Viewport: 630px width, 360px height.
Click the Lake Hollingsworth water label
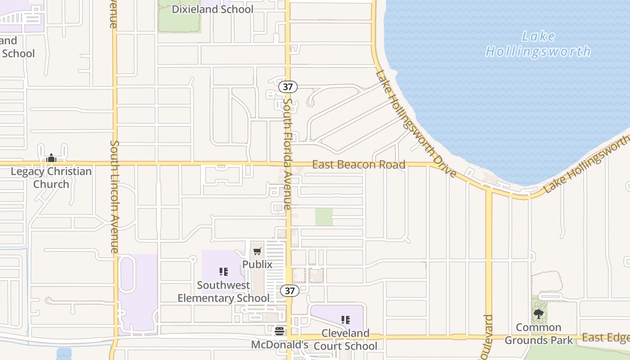click(x=538, y=44)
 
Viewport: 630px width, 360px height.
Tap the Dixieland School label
click(x=213, y=9)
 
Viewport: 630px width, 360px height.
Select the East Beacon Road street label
click(x=359, y=165)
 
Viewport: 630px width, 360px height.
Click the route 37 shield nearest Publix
click(x=290, y=291)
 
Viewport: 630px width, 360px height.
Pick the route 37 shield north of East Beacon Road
click(x=288, y=87)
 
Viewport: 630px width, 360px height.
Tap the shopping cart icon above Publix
click(x=257, y=252)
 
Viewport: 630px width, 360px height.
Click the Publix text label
click(x=257, y=264)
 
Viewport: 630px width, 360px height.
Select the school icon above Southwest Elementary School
click(x=224, y=272)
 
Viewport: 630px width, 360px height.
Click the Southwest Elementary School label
click(x=224, y=292)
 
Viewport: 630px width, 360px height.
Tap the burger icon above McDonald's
click(x=279, y=332)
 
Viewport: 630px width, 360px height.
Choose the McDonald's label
click(x=279, y=345)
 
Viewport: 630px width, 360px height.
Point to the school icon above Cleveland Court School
click(x=345, y=320)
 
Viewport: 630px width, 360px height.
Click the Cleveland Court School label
click(x=345, y=340)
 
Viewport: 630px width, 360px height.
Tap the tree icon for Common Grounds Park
click(x=539, y=314)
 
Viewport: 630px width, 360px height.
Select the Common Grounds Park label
click(x=539, y=333)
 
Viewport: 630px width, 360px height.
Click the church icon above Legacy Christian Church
click(x=51, y=158)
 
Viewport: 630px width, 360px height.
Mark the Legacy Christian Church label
click(x=51, y=178)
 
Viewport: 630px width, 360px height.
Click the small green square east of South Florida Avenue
click(x=324, y=217)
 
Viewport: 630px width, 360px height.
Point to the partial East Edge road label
click(x=605, y=337)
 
